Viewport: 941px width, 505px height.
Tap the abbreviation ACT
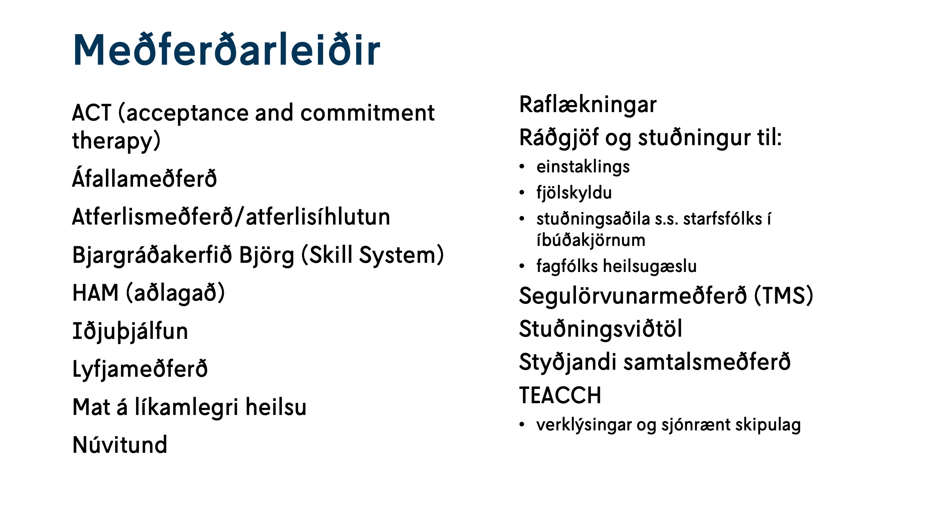(91, 113)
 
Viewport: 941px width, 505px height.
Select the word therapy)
(116, 141)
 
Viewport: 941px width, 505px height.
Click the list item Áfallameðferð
(144, 179)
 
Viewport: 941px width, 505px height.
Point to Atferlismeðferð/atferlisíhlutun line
(231, 217)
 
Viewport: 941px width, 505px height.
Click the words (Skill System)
(372, 255)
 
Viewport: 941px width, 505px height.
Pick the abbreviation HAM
(96, 293)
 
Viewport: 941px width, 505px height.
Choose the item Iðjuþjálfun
(130, 331)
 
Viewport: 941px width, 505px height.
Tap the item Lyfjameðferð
(140, 369)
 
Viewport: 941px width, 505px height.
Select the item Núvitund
(120, 445)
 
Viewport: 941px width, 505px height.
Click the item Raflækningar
(587, 105)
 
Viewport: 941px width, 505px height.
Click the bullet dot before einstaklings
(522, 166)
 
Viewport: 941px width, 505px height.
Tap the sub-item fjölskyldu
(574, 193)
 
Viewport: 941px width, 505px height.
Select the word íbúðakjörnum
(591, 240)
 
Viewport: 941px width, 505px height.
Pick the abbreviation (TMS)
(783, 296)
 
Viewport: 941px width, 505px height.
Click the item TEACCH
(560, 395)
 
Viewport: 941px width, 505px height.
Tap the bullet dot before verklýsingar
(522, 425)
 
